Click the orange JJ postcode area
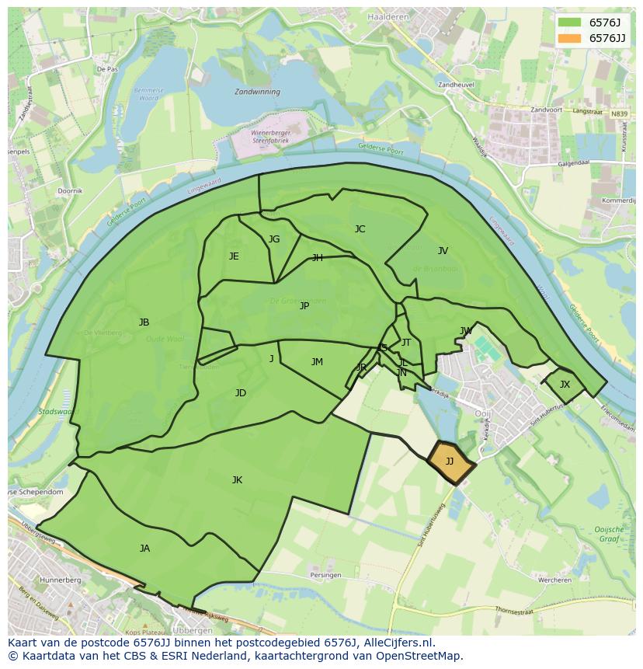[450, 462]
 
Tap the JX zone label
[565, 385]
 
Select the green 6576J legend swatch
[569, 23]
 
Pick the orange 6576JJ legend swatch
[569, 38]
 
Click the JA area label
[144, 549]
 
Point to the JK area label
[237, 480]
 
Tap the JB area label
[144, 322]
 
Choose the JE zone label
[234, 256]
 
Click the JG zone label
[274, 239]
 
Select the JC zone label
[360, 229]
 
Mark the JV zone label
[443, 251]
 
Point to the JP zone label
[304, 306]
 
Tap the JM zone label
[317, 362]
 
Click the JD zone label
[241, 393]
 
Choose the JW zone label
[466, 331]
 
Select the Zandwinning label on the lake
[257, 92]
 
